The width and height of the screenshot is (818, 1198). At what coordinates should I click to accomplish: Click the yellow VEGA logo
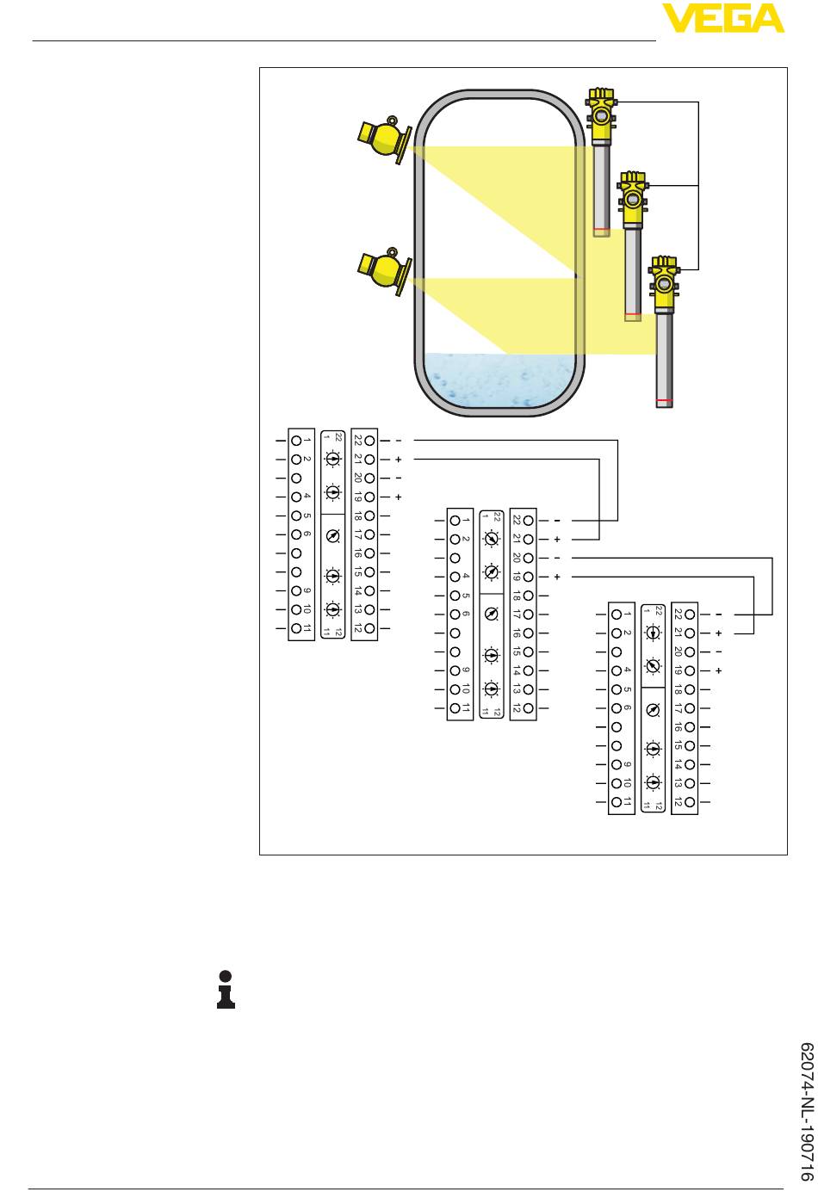(722, 18)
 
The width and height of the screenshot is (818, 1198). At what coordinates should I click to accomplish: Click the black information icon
(226, 989)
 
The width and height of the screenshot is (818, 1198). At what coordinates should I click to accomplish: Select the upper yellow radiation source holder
(384, 139)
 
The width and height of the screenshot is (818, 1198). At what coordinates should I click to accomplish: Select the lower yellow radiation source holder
(384, 271)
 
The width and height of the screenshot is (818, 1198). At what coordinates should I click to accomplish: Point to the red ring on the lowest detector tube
(664, 400)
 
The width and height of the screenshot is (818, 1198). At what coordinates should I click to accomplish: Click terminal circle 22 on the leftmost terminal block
(369, 441)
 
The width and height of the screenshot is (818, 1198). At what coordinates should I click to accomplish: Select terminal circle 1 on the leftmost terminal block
(296, 441)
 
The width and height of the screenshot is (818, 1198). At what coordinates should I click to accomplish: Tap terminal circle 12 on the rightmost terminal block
(690, 802)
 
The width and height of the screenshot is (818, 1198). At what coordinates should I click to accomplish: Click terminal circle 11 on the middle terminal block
(455, 708)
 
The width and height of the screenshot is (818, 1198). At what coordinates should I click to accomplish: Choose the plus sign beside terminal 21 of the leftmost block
(398, 460)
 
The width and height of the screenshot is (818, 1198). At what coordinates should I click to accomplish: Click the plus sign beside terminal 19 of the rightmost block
(718, 670)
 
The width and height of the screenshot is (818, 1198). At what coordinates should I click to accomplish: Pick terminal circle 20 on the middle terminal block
(528, 559)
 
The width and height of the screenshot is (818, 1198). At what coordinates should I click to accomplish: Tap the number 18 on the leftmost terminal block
(358, 516)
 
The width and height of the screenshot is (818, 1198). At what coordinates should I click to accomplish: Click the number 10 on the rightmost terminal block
(627, 783)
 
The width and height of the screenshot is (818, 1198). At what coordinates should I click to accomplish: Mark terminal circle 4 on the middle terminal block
(455, 577)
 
